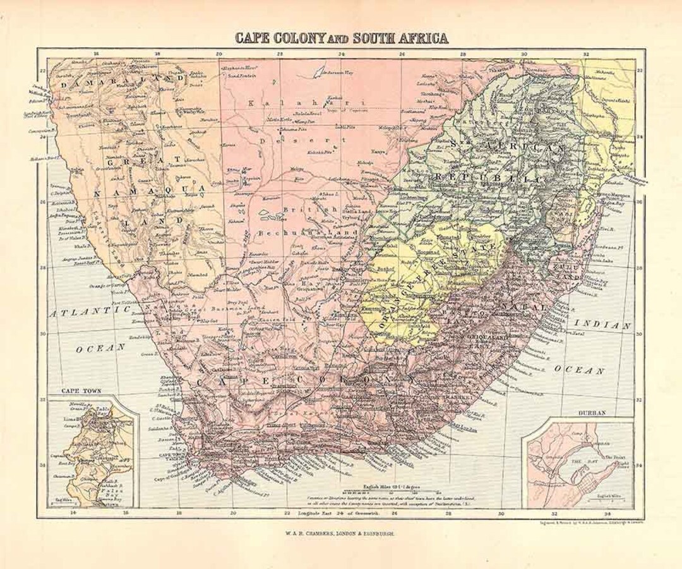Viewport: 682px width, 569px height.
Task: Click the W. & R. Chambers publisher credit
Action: (x=341, y=534)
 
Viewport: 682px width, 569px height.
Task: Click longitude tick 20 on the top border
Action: (x=219, y=54)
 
